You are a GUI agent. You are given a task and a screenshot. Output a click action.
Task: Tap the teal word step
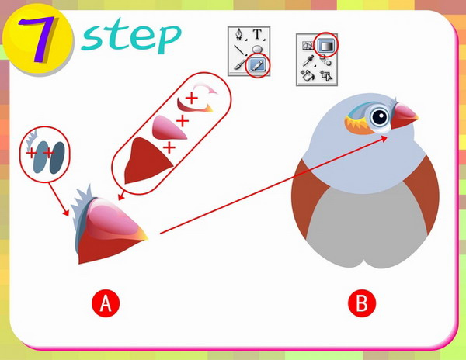pyautogui.click(x=130, y=36)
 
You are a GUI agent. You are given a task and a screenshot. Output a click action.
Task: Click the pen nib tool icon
pyautogui.click(x=239, y=35)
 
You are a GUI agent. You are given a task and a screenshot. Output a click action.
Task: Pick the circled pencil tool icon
pyautogui.click(x=257, y=65)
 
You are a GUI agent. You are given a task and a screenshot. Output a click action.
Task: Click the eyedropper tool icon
pyautogui.click(x=308, y=61)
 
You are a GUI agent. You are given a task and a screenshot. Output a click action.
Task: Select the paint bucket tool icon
pyautogui.click(x=307, y=76)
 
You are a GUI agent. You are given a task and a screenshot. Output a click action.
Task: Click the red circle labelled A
pyautogui.click(x=106, y=303)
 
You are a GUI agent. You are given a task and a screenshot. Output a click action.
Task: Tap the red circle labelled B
pyautogui.click(x=362, y=303)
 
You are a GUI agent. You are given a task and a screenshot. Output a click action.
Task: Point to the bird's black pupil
pyautogui.click(x=379, y=117)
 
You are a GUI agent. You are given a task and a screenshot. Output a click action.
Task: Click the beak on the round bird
pyautogui.click(x=404, y=116)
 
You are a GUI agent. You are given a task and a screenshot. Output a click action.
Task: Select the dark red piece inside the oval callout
pyautogui.click(x=145, y=161)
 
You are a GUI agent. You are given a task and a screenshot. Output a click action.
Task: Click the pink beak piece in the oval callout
pyautogui.click(x=167, y=128)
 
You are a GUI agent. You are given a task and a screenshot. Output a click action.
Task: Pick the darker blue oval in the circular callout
pyautogui.click(x=57, y=157)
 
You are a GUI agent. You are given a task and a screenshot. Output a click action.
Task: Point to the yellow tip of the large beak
pyautogui.click(x=142, y=234)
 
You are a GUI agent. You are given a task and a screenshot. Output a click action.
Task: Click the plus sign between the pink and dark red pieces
pyautogui.click(x=169, y=147)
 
